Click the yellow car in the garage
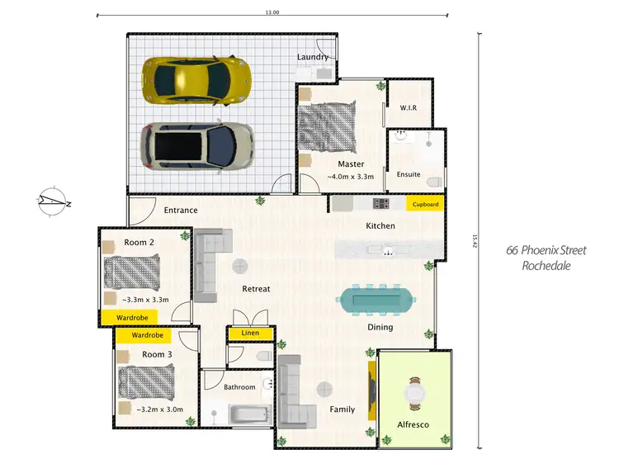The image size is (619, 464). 196,79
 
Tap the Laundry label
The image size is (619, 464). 313,57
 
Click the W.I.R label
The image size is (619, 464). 409,107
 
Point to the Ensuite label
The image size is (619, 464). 409,174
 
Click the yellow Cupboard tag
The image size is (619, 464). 425,204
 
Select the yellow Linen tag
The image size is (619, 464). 250,333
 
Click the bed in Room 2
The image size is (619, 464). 130,272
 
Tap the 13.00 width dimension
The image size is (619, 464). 272,12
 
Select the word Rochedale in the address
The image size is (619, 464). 546,266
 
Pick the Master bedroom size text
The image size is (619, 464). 351,177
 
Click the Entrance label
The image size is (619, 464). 181,211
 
